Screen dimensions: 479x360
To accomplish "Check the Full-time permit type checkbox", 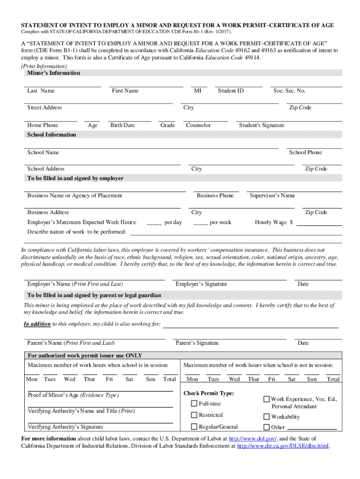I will pos(194,404).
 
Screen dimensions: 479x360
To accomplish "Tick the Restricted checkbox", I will pos(194,415).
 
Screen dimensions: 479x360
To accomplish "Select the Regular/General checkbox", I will pos(194,427).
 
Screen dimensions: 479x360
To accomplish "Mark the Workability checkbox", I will pos(266,417).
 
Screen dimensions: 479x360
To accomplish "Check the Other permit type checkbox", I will pos(266,427).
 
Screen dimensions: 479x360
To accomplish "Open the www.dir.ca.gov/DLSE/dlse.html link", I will pos(283,446).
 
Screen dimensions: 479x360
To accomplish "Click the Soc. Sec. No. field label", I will pos(289,91).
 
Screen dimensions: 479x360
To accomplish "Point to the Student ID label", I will pos(230,91).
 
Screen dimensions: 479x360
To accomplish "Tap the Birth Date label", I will pos(122,125).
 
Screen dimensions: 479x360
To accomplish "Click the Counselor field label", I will pos(198,125).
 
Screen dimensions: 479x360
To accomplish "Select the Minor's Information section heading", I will pos(54,73).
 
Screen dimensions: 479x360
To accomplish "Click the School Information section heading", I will pos(51,135).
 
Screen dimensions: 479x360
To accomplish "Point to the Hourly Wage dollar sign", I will pos(291,223).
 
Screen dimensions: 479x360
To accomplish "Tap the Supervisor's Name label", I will pos(272,196).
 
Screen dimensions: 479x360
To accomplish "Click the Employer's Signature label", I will pos(201,284).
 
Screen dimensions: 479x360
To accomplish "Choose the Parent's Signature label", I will pos(197,343).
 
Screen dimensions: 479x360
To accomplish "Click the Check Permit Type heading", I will pos(209,393).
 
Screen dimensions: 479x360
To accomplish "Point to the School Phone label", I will pos(305,152).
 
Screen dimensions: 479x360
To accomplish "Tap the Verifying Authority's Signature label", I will pos(65,427).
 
